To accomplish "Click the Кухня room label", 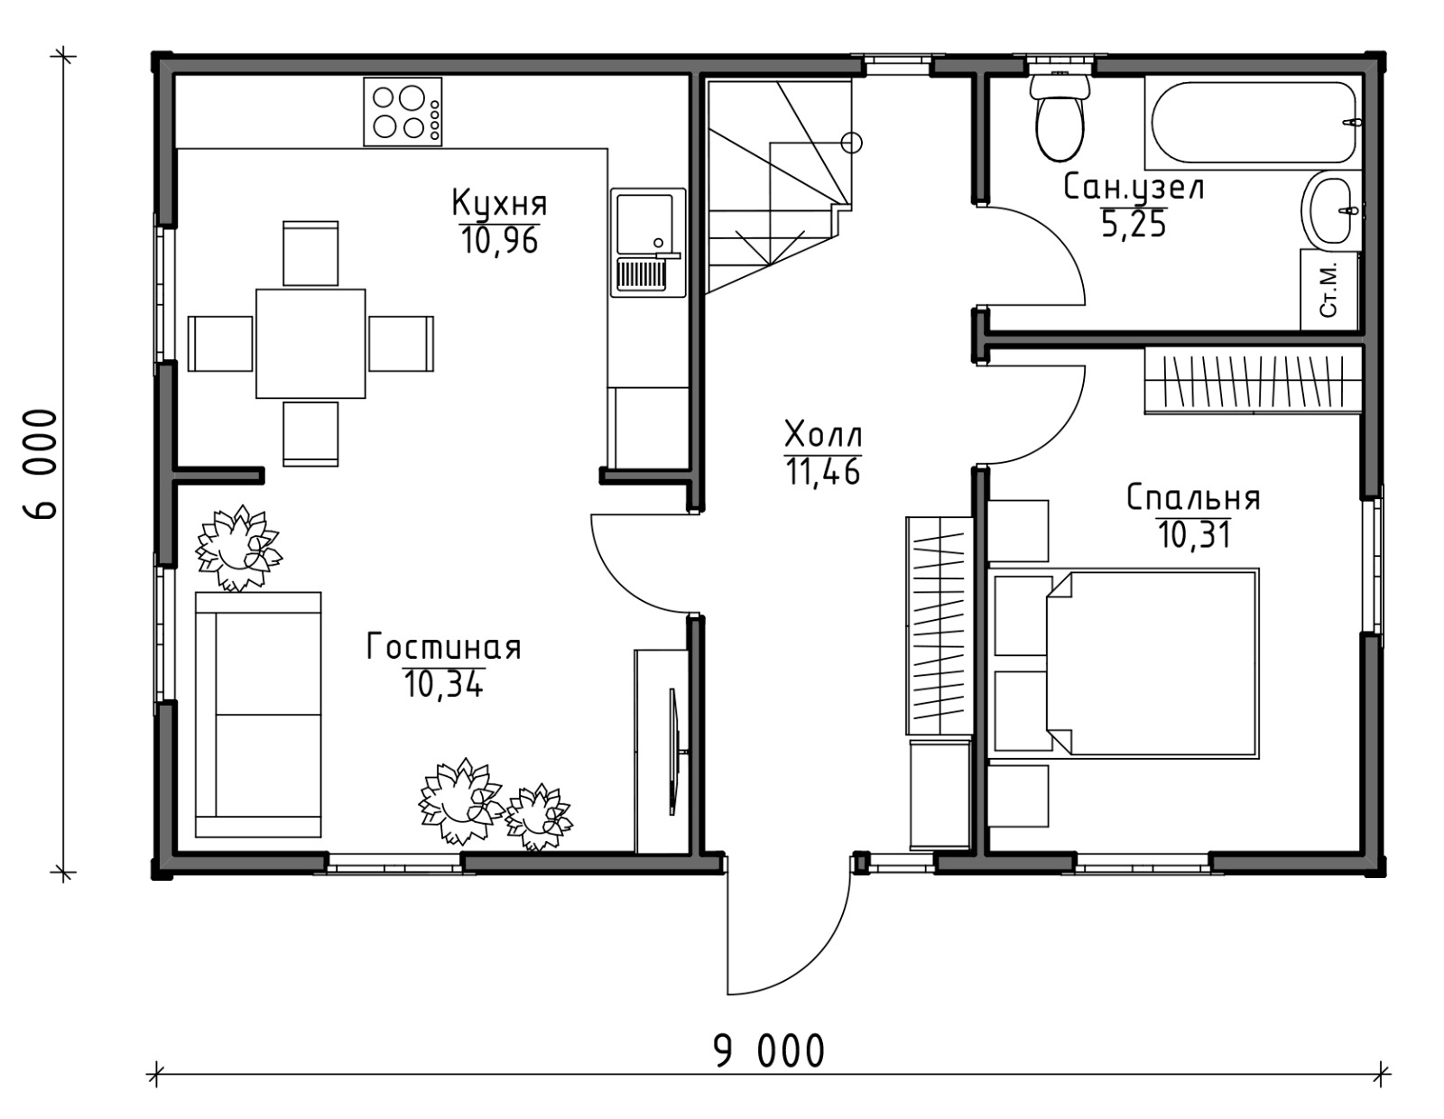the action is click(499, 203).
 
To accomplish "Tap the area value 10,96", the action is click(499, 240).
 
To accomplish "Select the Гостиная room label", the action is click(444, 647).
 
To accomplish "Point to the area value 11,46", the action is click(823, 471).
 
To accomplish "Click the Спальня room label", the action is click(1193, 497).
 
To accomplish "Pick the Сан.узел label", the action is click(1134, 187).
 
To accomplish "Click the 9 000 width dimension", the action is click(770, 1050).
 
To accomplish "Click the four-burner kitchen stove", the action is click(403, 112).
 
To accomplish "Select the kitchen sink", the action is click(648, 243).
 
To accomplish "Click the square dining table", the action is click(311, 344).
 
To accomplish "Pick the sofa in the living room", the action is click(258, 715).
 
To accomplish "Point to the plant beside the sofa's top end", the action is click(237, 548).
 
